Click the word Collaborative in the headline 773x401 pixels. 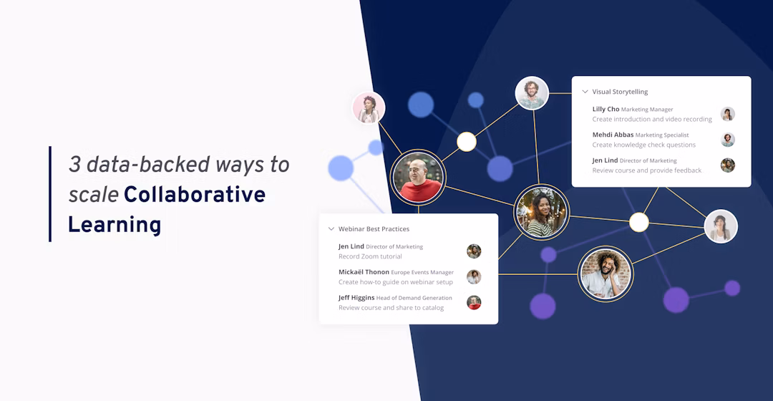point(194,194)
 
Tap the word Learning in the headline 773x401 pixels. point(115,225)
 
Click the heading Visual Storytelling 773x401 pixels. point(620,92)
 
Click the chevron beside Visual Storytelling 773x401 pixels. point(585,92)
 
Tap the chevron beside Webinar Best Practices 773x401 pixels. point(331,229)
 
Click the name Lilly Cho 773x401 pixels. point(606,110)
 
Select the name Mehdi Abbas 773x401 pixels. point(613,135)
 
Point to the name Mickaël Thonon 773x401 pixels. point(364,272)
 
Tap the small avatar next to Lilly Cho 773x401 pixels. point(727,114)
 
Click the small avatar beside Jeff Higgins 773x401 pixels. point(474,302)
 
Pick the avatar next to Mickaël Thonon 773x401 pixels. point(474,276)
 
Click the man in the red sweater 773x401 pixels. point(418,177)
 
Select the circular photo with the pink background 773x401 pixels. point(369,107)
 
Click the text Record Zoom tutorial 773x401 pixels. point(370,256)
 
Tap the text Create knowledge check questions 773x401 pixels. point(643,145)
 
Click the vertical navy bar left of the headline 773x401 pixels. point(50,194)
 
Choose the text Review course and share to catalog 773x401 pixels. point(391,308)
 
